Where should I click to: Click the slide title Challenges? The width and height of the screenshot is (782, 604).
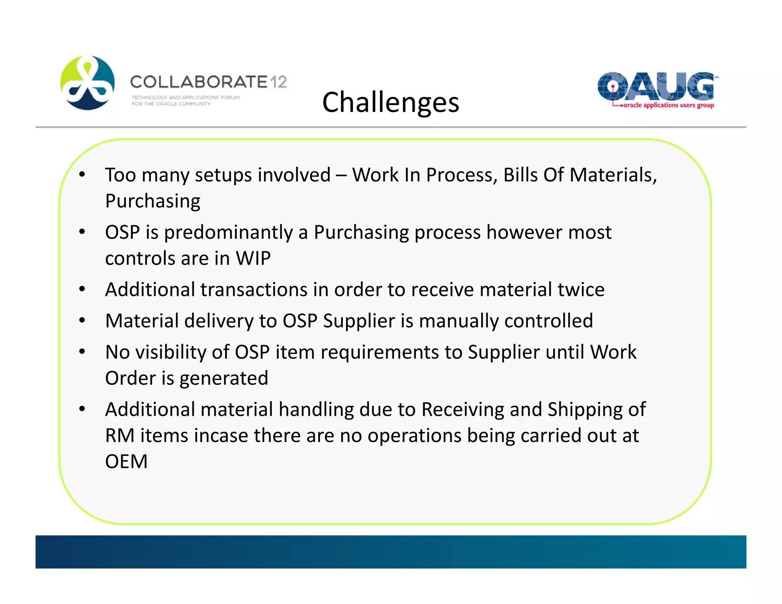coord(390,102)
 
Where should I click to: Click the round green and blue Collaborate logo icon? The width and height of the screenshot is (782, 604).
coord(87,83)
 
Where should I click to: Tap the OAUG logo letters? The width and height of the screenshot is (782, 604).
coord(655,86)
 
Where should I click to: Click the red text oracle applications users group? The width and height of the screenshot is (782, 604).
coord(668,105)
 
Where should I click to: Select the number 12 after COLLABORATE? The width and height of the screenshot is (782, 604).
coord(278,82)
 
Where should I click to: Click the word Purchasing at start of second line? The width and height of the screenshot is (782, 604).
coord(152,201)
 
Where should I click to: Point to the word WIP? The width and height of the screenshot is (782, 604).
coord(253,258)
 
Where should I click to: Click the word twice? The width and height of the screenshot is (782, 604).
coord(581,289)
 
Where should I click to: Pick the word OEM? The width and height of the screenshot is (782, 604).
coord(126,462)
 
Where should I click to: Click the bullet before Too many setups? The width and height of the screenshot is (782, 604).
coord(82,175)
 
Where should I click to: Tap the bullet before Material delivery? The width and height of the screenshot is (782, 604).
coord(82,321)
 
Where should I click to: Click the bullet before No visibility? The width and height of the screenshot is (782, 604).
coord(82,352)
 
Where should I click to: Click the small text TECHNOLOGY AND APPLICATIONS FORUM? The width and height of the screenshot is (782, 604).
coord(186,97)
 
